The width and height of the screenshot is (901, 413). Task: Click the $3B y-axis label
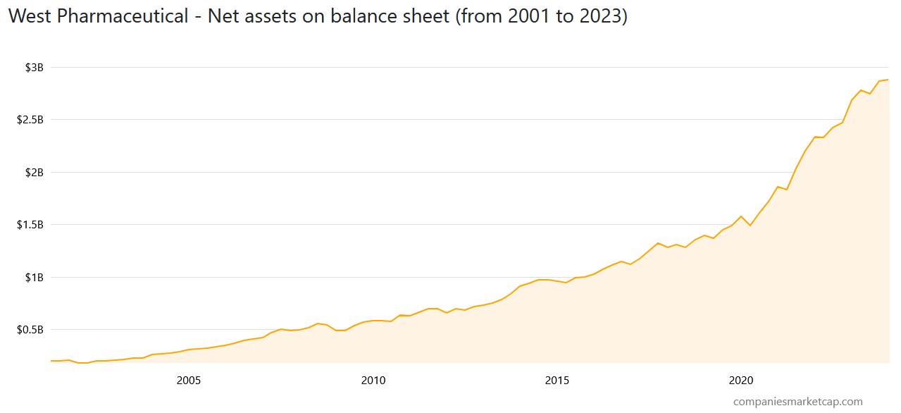[x=35, y=68]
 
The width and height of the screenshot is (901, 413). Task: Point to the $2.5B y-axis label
[x=30, y=120]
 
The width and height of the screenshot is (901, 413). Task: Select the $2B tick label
[x=35, y=173]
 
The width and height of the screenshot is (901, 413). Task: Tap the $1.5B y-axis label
[x=30, y=225]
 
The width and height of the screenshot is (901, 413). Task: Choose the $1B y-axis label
[x=35, y=278]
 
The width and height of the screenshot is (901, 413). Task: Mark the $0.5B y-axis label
[x=30, y=330]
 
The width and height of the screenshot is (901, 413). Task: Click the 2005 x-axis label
[x=189, y=381]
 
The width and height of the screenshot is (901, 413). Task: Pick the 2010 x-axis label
[x=373, y=381]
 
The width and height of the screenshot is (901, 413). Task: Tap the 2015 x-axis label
[x=557, y=381]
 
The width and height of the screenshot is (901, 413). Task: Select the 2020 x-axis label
[x=741, y=381]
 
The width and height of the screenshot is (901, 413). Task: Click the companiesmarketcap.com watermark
[x=797, y=402]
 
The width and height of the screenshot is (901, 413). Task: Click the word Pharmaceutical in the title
[x=123, y=16]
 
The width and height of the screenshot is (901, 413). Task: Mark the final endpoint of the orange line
[x=888, y=80]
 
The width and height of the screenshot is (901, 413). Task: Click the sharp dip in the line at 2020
[x=750, y=226]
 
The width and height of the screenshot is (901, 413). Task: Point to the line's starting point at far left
[x=51, y=361]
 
